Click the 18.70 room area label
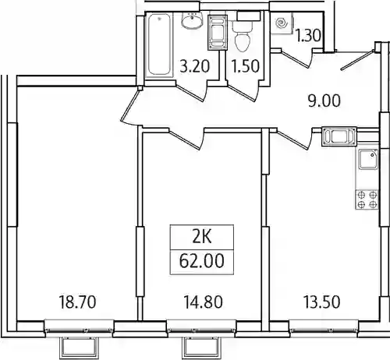click(x=78, y=302)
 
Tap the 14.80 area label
click(x=203, y=302)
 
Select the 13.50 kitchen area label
click(x=322, y=302)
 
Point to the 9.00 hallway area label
click(x=324, y=101)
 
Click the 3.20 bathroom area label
click(x=195, y=66)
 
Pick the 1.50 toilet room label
click(x=245, y=66)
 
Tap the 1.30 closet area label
click(x=309, y=36)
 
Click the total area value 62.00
click(x=201, y=261)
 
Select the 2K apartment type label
click(x=202, y=238)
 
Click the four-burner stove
click(x=367, y=199)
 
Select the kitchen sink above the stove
click(x=368, y=160)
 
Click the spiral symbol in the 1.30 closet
click(x=282, y=23)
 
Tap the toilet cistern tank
click(x=248, y=16)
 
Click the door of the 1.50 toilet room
click(x=240, y=92)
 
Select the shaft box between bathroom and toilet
click(x=218, y=32)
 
